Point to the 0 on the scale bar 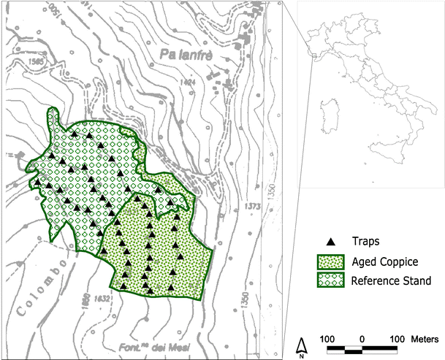[x=362, y=340]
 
